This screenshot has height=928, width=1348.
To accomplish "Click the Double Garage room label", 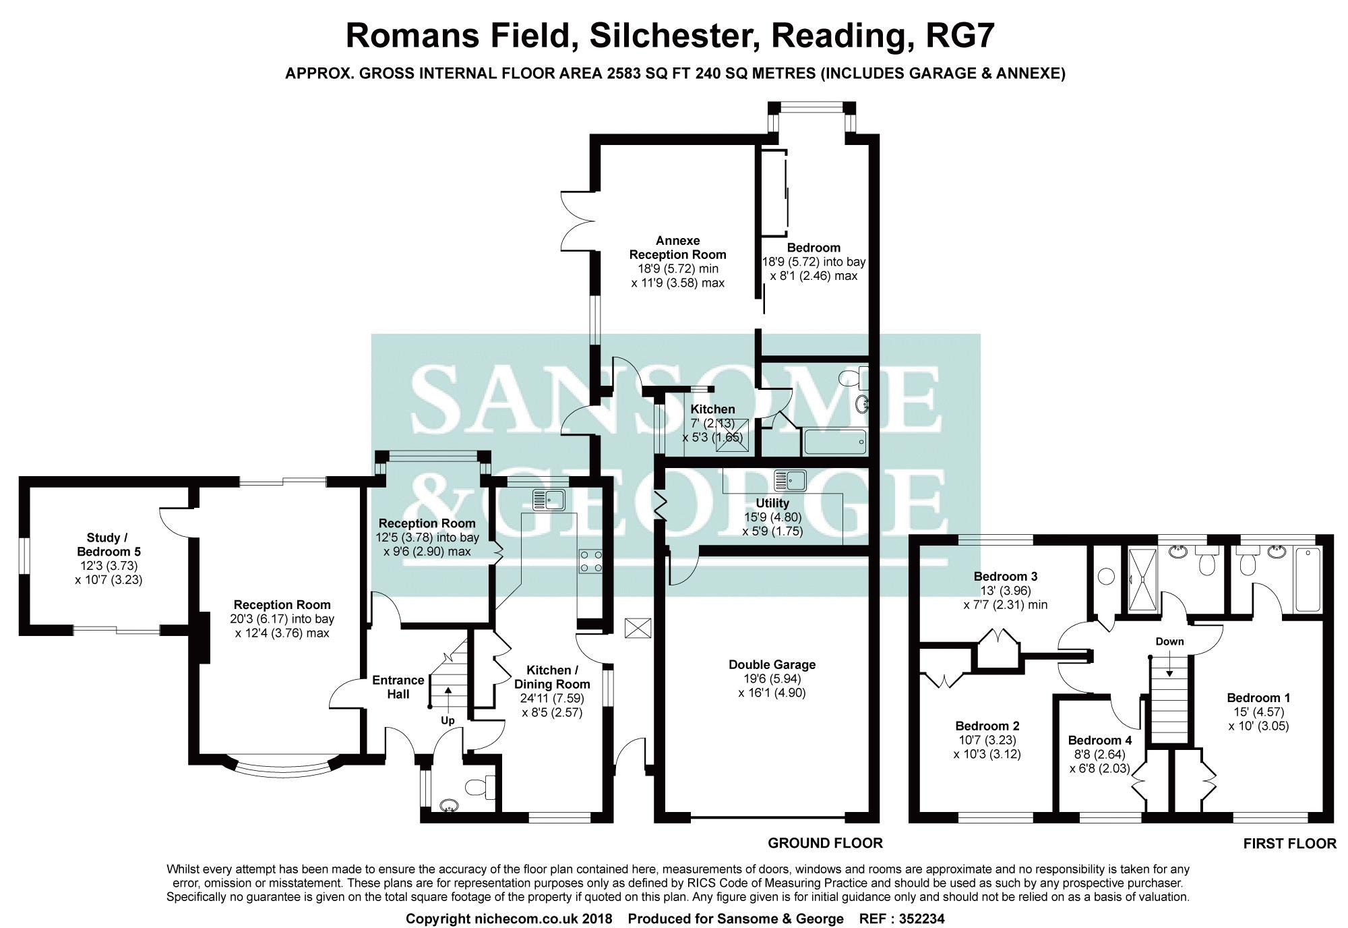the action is click(772, 664).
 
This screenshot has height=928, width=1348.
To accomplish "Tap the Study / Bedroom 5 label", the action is click(108, 544).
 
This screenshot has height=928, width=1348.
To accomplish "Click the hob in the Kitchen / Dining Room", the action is click(590, 562).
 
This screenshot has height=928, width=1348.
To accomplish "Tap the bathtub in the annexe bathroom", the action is click(835, 442).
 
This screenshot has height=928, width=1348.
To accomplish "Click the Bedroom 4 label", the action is click(1100, 740).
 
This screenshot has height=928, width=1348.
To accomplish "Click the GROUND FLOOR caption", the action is click(826, 842).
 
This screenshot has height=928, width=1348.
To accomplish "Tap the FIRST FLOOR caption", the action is click(1289, 843).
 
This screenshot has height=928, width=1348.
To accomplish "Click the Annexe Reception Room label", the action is click(677, 248).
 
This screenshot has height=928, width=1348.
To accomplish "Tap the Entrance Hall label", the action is click(398, 687).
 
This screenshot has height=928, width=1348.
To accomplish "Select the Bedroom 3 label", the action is click(1006, 576).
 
